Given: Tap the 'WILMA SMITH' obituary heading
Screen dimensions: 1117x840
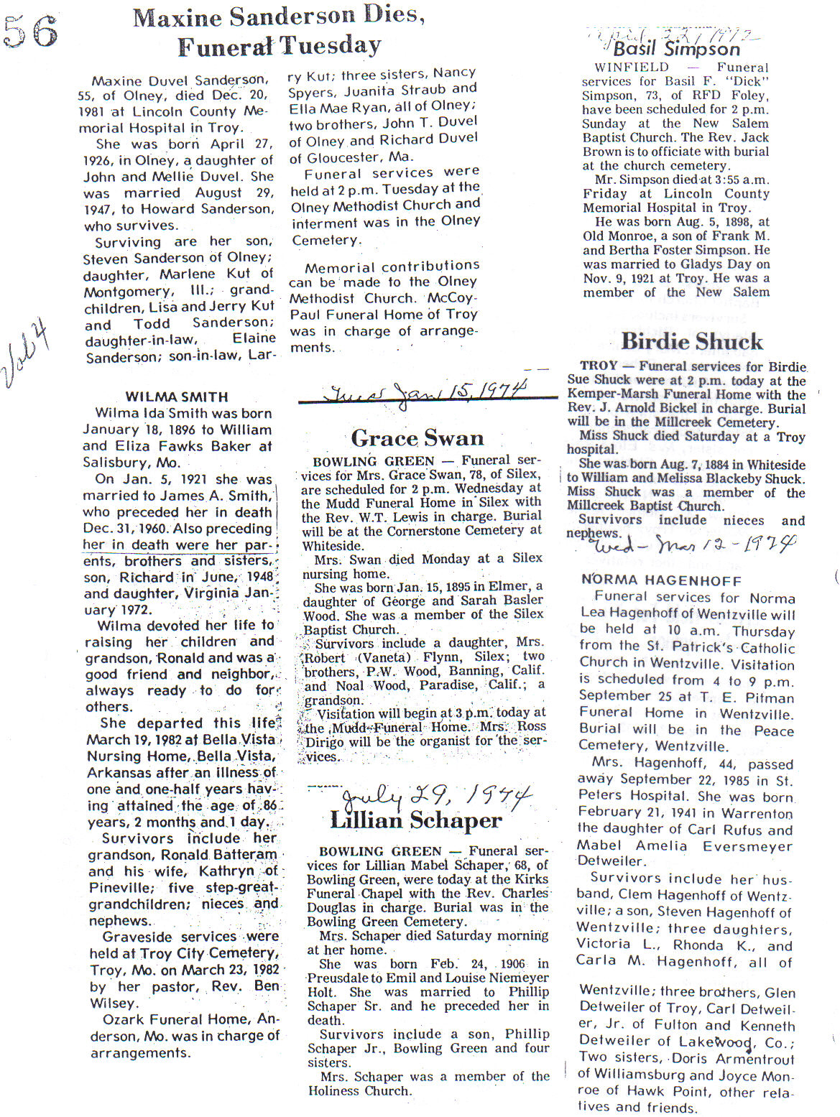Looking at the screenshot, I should coord(177,397).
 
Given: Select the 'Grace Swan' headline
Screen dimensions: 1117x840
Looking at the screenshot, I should coord(417,438).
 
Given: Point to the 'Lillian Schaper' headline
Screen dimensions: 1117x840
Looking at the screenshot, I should coord(415,820).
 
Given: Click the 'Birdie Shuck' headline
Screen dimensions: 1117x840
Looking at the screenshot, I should coord(691,341).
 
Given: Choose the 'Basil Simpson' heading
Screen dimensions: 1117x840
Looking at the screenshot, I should coord(676,49).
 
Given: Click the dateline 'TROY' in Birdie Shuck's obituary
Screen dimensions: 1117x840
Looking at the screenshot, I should coord(599,366).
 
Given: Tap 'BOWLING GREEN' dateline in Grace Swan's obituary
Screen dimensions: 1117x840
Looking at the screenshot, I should coord(374,461).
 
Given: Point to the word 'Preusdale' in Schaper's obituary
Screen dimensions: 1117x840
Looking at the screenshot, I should coord(341,978).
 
